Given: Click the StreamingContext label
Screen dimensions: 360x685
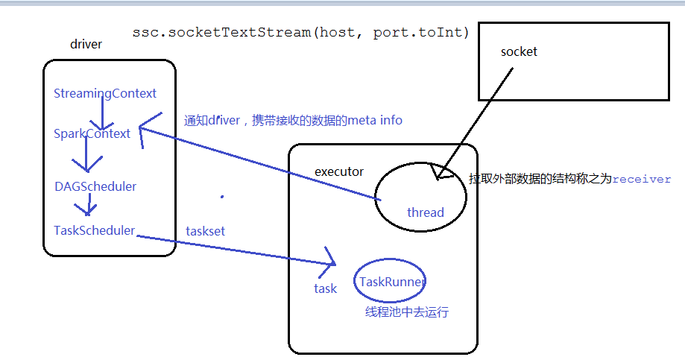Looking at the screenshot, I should (x=105, y=94).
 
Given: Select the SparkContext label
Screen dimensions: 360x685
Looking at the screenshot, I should (x=92, y=134).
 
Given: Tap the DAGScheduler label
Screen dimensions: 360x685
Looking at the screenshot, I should (x=95, y=186).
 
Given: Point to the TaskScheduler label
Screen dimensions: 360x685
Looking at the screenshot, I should (x=94, y=231).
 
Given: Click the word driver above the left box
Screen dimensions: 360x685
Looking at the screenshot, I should (x=86, y=44).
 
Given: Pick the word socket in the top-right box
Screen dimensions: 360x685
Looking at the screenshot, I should (x=519, y=52).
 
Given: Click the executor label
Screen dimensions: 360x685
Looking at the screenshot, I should (x=339, y=172).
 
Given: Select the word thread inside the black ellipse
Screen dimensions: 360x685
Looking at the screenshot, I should (x=425, y=213).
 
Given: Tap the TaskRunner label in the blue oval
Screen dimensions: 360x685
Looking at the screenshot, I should (x=392, y=282).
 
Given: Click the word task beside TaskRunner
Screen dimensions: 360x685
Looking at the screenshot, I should (x=325, y=288).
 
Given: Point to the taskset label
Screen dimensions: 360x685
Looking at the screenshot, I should (x=205, y=232).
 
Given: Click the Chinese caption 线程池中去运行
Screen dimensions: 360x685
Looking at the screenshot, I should (x=407, y=312).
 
